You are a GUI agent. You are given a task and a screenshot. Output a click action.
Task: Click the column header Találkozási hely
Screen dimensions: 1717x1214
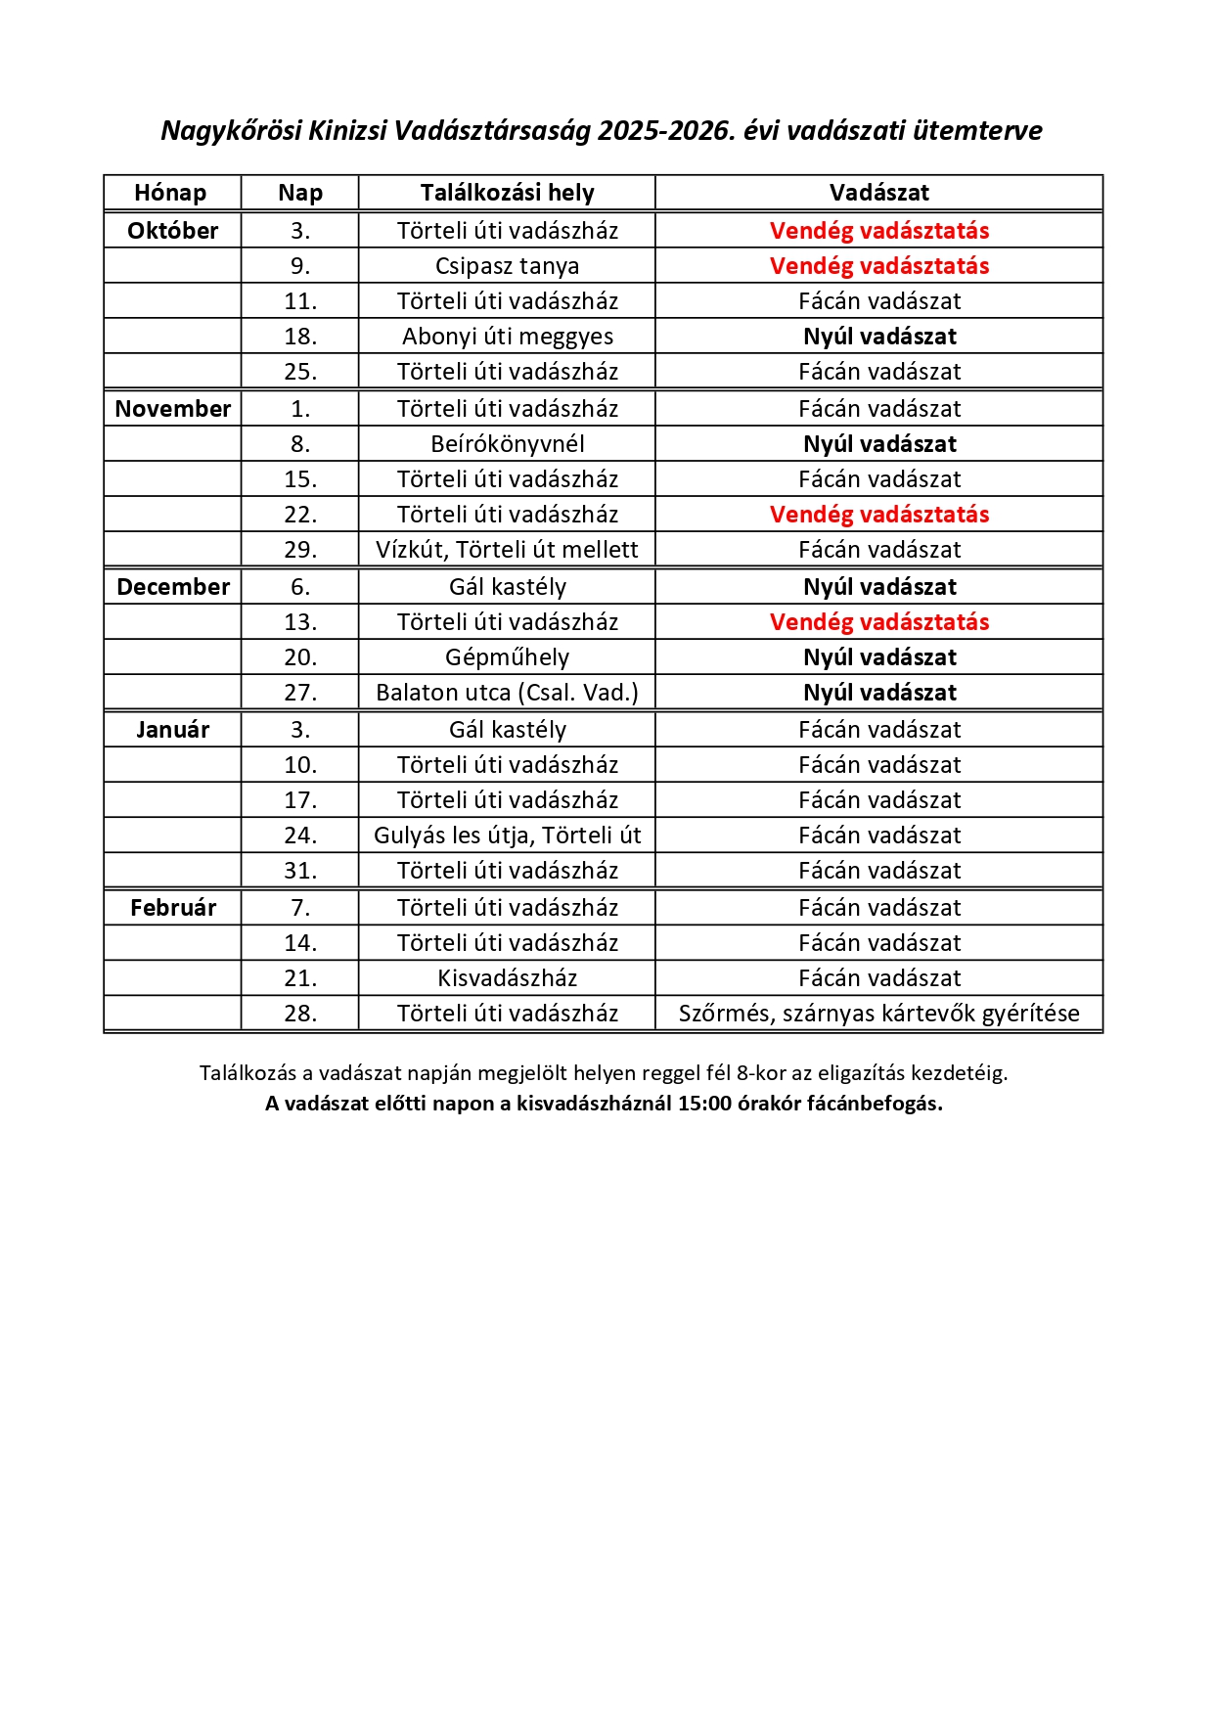(507, 193)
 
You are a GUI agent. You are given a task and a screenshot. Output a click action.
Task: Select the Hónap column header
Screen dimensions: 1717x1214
(170, 193)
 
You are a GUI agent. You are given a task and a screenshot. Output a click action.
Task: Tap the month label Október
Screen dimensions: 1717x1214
(172, 231)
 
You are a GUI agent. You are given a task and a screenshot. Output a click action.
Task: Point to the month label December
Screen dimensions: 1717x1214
(172, 587)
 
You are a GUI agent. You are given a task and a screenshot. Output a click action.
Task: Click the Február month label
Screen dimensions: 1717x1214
(172, 908)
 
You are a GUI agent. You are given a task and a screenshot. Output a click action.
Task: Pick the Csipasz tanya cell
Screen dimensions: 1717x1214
(507, 266)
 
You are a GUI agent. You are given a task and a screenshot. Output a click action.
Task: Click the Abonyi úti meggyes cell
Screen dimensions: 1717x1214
(507, 337)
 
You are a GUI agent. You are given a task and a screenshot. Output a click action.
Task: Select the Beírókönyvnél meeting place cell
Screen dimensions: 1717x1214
(507, 444)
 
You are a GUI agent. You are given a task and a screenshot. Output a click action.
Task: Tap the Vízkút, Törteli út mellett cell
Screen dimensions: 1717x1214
(507, 550)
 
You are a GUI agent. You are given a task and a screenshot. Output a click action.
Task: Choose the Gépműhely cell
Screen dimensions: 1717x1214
(507, 657)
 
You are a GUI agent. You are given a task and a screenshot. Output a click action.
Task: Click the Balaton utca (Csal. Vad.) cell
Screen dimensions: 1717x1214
(507, 693)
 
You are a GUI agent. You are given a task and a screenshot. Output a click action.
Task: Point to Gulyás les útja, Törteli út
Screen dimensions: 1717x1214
(507, 836)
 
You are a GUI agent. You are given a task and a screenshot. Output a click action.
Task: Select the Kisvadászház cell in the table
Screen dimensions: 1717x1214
(507, 978)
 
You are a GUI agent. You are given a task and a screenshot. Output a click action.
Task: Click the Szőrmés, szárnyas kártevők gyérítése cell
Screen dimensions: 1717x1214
(878, 1014)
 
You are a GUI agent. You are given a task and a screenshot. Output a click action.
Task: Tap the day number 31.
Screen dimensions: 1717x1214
(300, 871)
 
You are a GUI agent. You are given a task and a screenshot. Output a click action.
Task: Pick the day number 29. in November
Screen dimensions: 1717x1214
(300, 550)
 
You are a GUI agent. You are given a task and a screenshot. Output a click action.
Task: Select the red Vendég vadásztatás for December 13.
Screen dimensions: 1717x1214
(878, 622)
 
